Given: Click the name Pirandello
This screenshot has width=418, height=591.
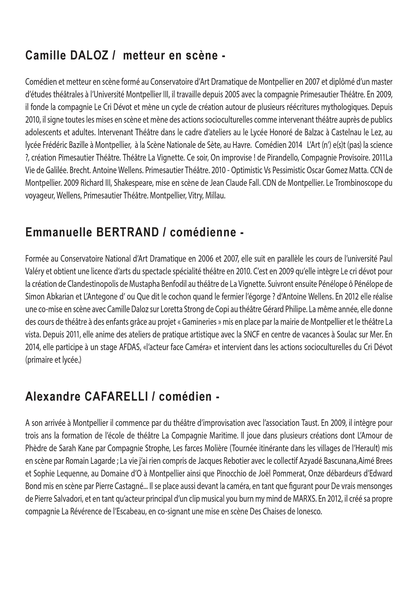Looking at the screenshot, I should click(280, 158).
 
